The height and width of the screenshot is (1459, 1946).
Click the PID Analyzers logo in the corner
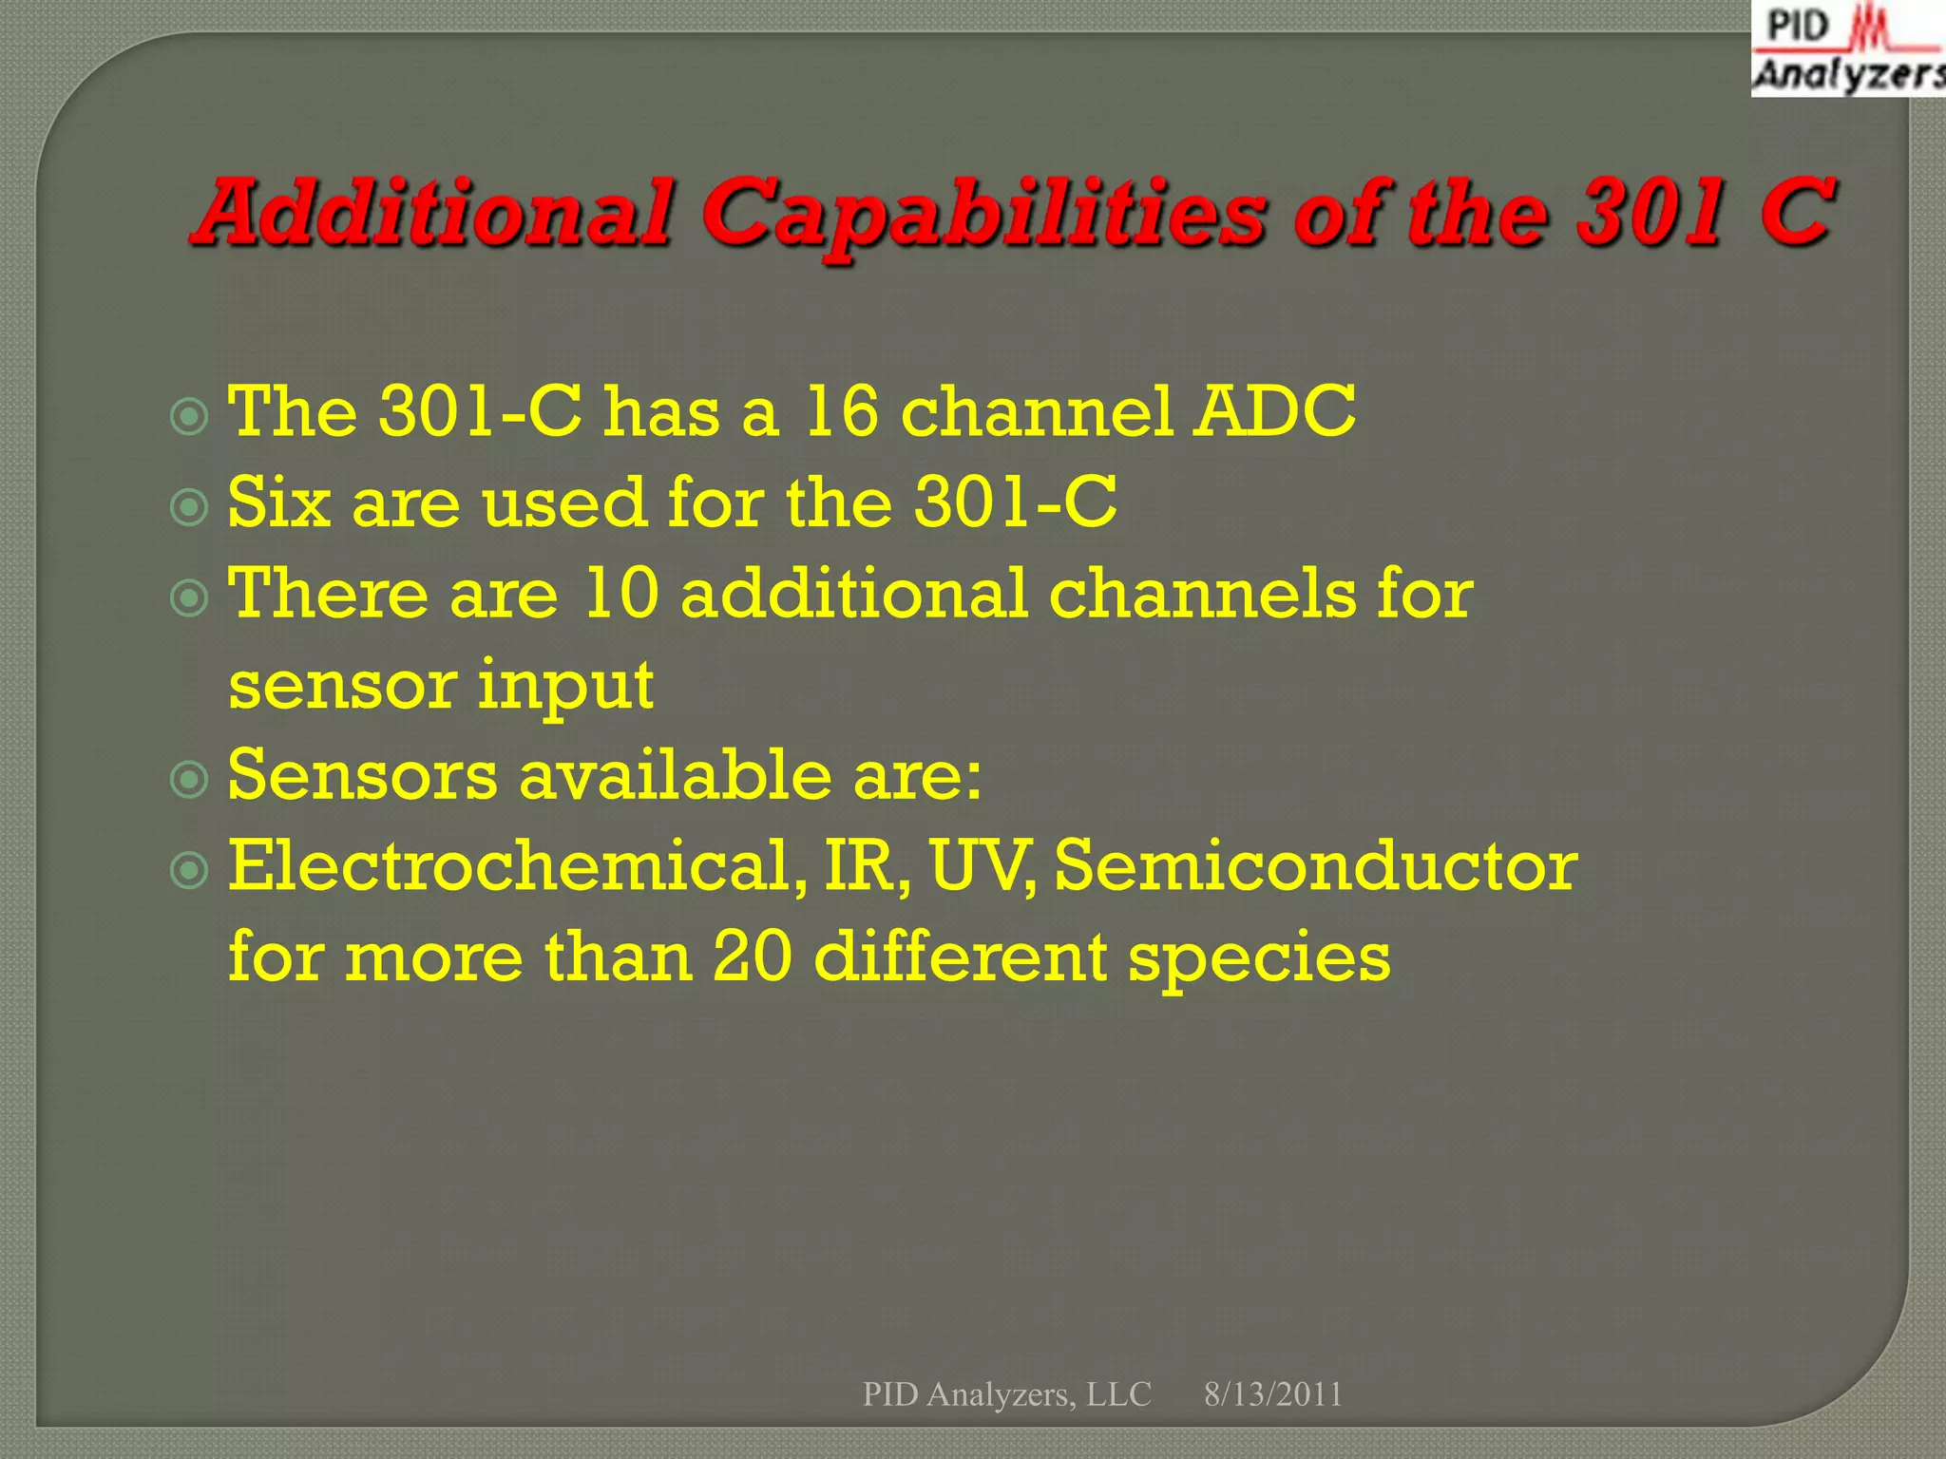1847,49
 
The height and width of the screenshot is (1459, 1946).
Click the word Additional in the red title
433,213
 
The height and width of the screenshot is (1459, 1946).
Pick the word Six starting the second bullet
279,502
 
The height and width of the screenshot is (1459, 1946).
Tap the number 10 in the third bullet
620,594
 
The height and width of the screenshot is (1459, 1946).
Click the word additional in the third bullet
853,594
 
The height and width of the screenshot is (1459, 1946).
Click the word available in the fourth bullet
675,775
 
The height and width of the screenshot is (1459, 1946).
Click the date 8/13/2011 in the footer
1273,1394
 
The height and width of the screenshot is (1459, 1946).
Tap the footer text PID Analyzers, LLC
1006,1394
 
